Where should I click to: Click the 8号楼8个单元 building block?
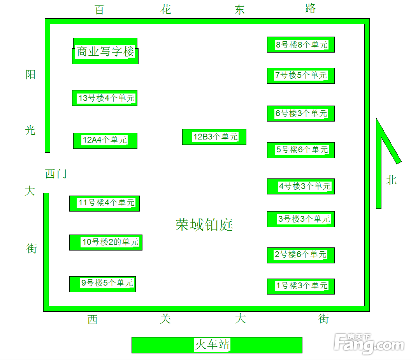pos(300,44)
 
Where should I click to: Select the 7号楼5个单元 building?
pos(300,76)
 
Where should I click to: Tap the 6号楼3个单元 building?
pos(300,113)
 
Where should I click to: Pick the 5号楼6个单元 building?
pos(300,150)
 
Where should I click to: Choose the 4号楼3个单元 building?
pos(300,186)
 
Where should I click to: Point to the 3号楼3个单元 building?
pos(300,219)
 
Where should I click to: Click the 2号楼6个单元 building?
pos(300,255)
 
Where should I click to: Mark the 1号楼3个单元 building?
pos(300,286)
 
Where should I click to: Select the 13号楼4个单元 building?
pos(105,98)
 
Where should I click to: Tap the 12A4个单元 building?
pos(105,141)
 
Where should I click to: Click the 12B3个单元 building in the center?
pos(214,137)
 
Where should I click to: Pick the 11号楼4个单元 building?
pos(104,203)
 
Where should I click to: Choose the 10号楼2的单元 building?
pos(106,242)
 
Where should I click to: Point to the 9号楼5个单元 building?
pos(102,284)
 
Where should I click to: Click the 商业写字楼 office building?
pos(105,51)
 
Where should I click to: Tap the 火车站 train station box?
pos(217,345)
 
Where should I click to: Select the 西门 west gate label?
pos(56,173)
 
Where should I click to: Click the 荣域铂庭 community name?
pos(204,225)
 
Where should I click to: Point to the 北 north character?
pos(391,180)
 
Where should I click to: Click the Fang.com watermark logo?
pos(369,343)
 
